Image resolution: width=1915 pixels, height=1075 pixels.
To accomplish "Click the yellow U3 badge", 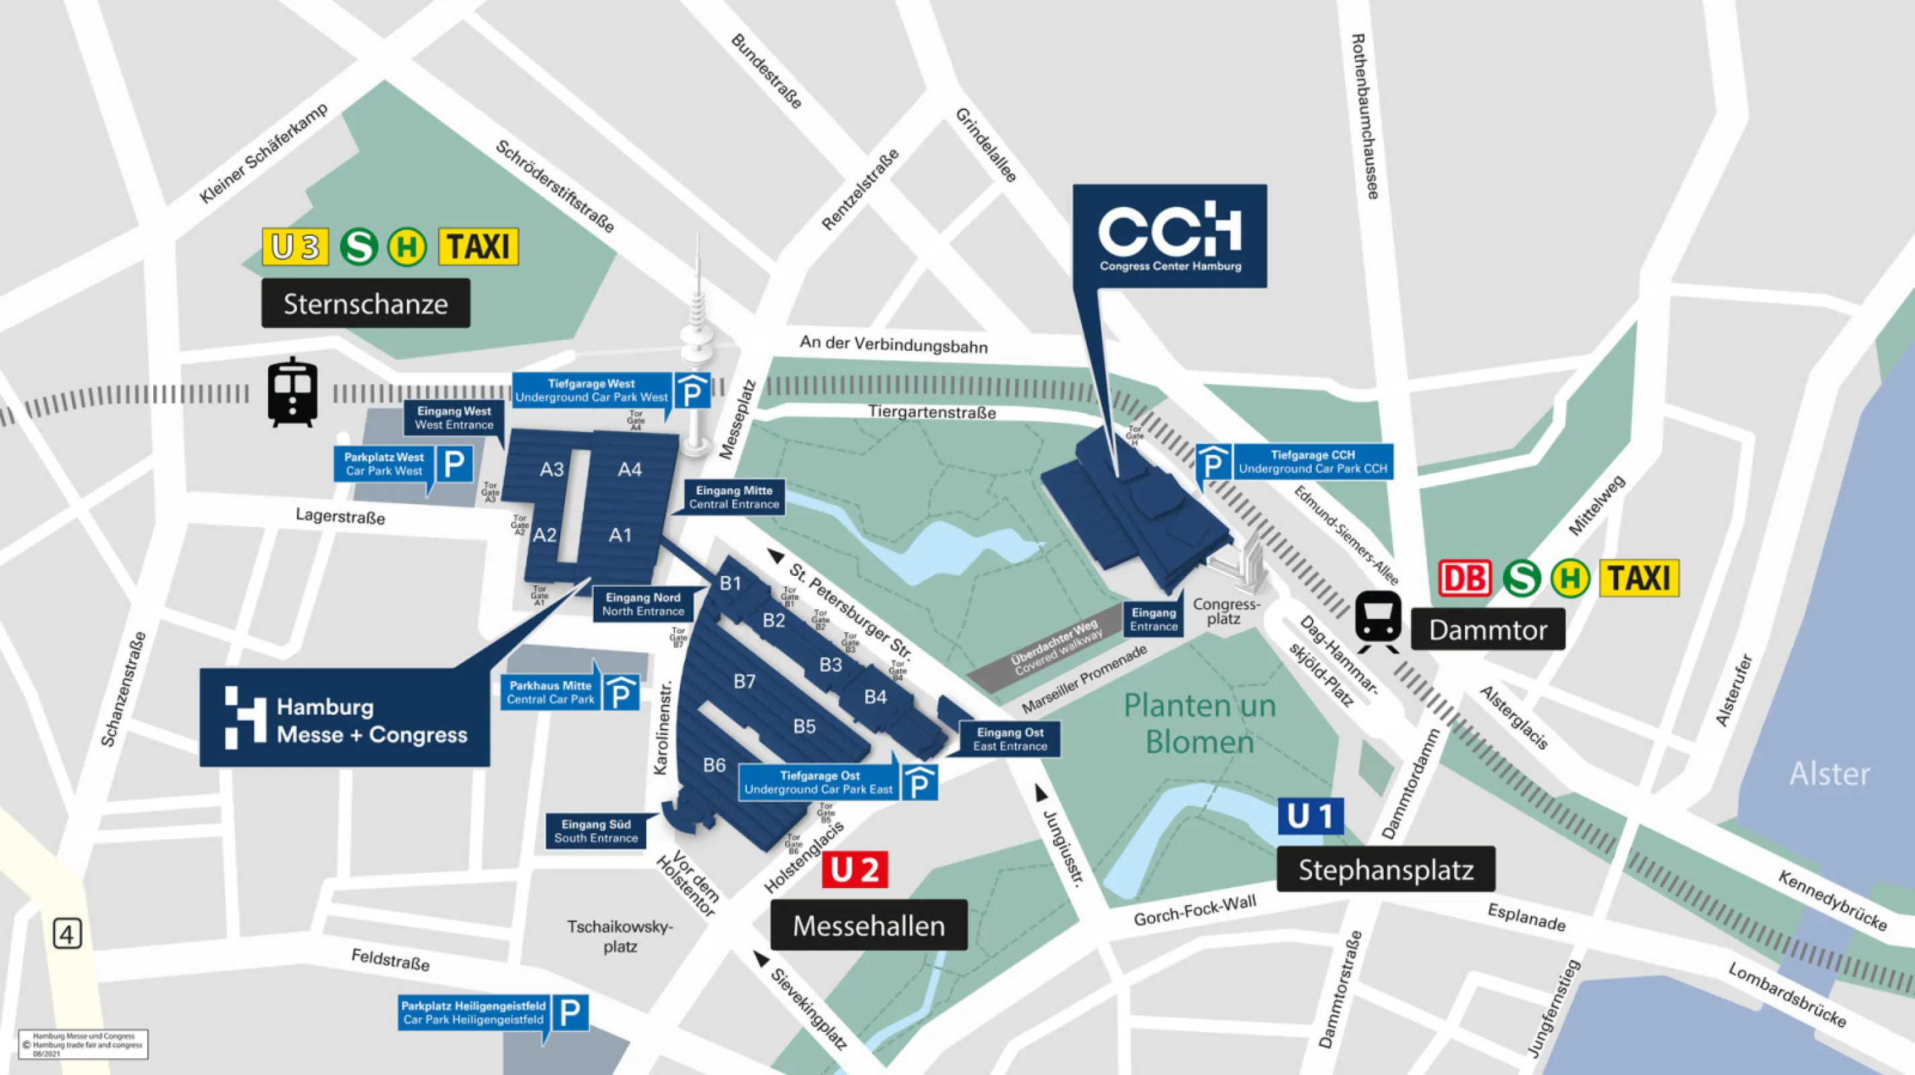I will coord(295,247).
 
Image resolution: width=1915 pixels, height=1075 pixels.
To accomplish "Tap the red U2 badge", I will coord(854,869).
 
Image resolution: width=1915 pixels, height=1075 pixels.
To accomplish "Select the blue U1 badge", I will coord(1310,816).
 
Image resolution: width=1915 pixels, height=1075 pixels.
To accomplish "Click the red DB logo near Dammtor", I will coord(1464,578).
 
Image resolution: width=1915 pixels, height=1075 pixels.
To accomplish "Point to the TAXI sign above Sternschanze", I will coord(478,247).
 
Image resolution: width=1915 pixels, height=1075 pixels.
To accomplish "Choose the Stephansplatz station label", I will coord(1385,869).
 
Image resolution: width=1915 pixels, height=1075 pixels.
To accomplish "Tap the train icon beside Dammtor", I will coord(1378,621).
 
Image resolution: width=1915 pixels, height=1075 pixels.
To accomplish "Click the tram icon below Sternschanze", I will coord(292,392).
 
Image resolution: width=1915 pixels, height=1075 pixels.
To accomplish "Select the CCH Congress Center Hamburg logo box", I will coord(1169,236).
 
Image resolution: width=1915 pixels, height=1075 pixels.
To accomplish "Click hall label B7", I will coord(744,681).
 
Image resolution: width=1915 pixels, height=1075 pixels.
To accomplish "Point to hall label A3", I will coord(551,470).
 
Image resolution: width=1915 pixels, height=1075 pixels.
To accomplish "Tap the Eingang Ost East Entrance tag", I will coord(1010,739).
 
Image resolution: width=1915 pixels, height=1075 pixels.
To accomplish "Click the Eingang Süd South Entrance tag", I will coord(596,831).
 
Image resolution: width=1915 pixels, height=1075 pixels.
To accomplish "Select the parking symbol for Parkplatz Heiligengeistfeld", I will coord(570,1013).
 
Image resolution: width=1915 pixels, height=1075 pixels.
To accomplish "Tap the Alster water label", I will coord(1829,774).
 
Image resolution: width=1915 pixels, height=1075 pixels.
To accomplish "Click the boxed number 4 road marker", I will coord(67,934).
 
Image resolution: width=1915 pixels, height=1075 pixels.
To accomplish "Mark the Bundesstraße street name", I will coord(766,71).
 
